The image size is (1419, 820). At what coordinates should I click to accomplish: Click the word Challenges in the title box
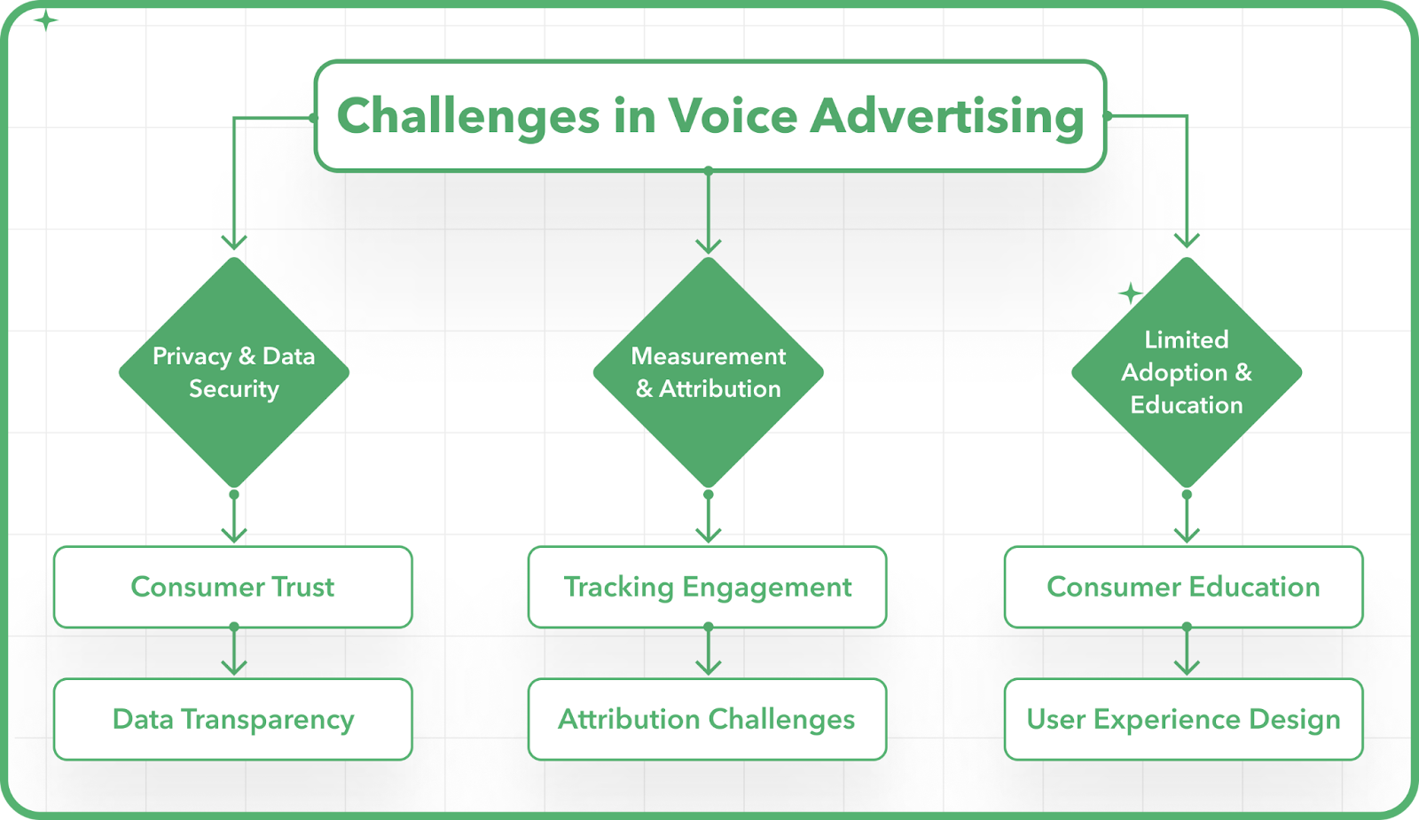(x=468, y=116)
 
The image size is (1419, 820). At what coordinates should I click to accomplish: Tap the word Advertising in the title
(x=948, y=117)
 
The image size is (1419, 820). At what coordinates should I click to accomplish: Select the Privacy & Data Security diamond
(x=234, y=372)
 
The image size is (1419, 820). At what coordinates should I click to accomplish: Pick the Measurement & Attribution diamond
(x=709, y=372)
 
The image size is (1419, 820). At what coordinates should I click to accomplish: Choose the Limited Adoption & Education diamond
(x=1187, y=372)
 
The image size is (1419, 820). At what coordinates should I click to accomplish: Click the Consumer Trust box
(x=233, y=587)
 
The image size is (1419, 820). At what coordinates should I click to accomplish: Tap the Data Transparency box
(x=233, y=719)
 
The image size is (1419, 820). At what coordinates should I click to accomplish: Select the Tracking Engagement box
(x=707, y=587)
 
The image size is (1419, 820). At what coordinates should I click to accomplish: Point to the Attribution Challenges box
(x=707, y=719)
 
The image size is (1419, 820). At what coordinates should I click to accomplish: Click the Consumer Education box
(x=1183, y=587)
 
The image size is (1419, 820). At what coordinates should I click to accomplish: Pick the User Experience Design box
(x=1183, y=719)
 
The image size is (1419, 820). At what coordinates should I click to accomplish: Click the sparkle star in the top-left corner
(x=45, y=20)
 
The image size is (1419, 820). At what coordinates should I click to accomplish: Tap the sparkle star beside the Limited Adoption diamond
(x=1130, y=293)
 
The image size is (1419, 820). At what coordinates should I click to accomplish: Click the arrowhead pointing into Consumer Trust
(x=234, y=535)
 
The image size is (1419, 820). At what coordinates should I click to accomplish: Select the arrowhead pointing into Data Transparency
(x=234, y=667)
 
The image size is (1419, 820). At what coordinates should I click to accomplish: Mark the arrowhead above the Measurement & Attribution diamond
(x=709, y=246)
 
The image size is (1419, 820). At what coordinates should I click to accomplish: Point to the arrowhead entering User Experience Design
(x=1187, y=667)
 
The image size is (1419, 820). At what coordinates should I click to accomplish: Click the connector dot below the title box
(x=709, y=171)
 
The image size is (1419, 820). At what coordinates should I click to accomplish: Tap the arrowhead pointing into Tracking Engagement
(x=709, y=535)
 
